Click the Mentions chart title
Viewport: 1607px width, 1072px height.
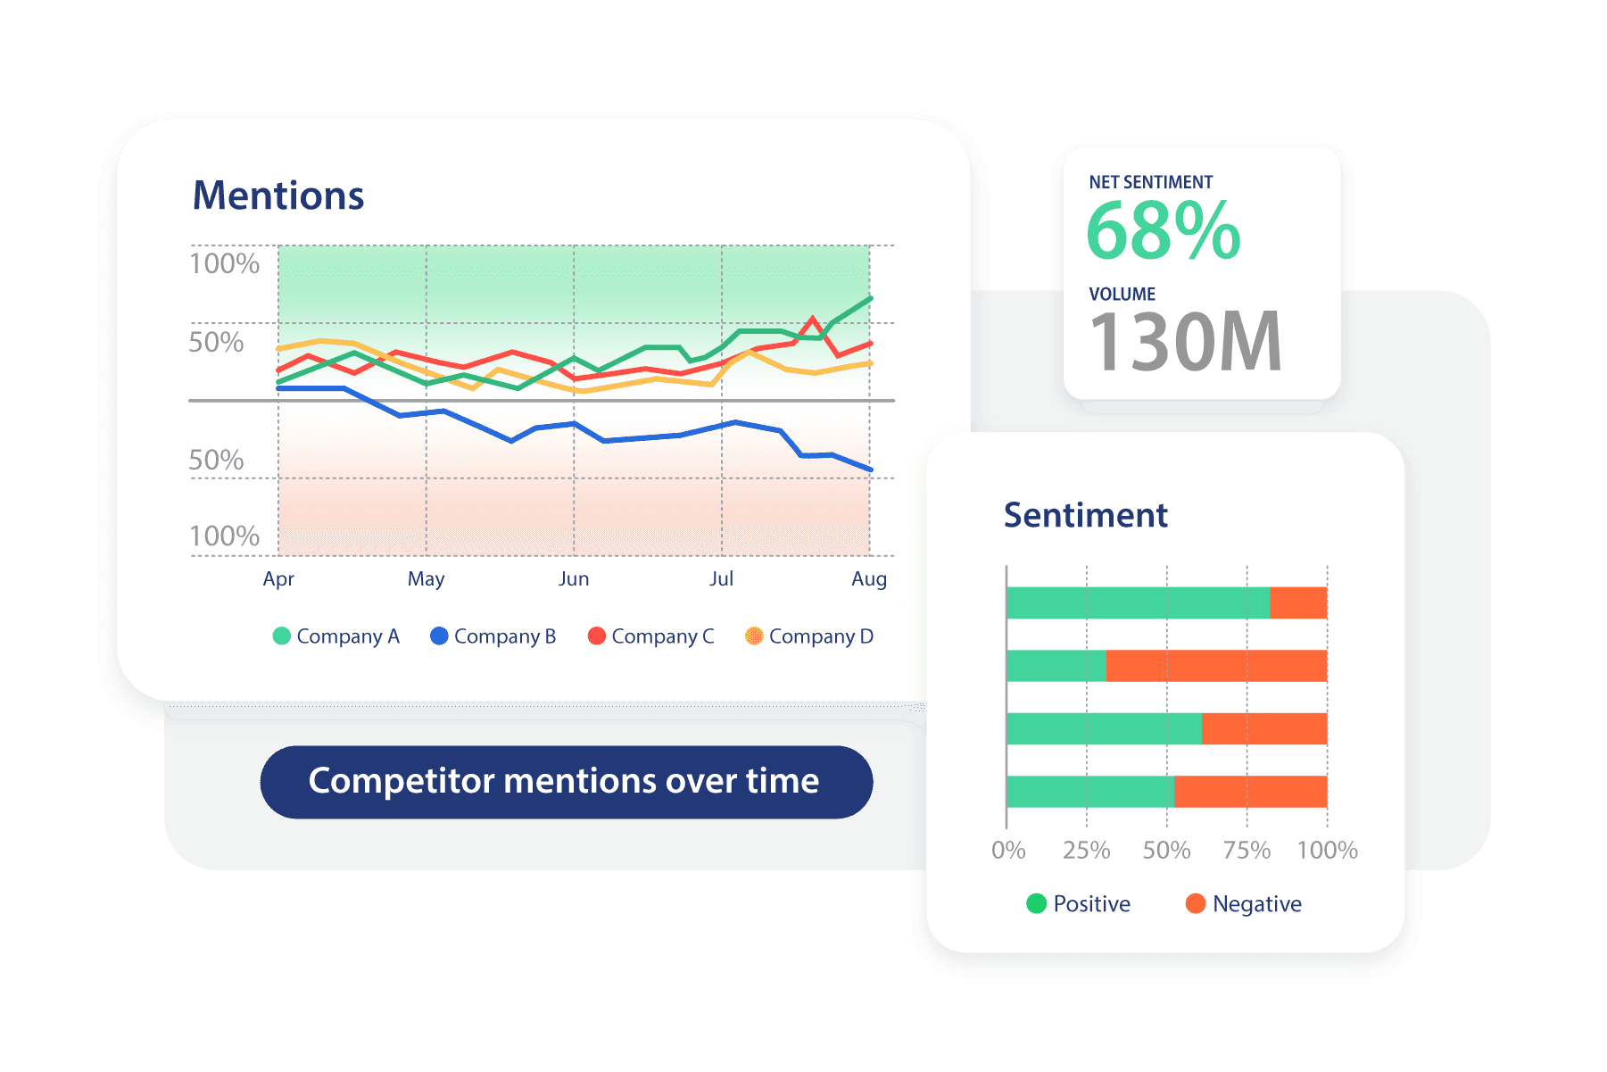pos(278,195)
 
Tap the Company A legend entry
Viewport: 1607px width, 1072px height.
pos(336,636)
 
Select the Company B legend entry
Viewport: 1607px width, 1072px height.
pos(493,636)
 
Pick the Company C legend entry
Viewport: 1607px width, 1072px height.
pos(651,636)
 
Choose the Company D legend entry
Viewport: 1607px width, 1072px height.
pos(809,636)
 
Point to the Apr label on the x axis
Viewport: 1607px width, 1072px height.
pos(278,579)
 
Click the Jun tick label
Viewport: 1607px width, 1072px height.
pos(574,579)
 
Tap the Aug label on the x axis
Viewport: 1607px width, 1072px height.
pos(869,579)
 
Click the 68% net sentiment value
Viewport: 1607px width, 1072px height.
pos(1163,231)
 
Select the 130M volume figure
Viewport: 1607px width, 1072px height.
pos(1186,342)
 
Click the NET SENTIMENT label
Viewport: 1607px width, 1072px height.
pos(1150,182)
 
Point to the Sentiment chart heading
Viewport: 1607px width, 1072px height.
pos(1085,515)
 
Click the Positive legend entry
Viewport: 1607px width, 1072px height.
pos(1079,904)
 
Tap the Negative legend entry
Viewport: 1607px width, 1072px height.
pos(1244,904)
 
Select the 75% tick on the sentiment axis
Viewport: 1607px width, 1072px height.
pos(1247,850)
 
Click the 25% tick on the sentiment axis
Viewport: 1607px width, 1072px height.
pos(1086,850)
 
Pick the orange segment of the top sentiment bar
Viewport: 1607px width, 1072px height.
pos(1298,602)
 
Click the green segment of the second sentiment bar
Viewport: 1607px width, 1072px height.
pos(1056,666)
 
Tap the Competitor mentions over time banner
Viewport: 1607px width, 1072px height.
pos(566,782)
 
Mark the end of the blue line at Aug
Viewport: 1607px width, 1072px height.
pos(870,470)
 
